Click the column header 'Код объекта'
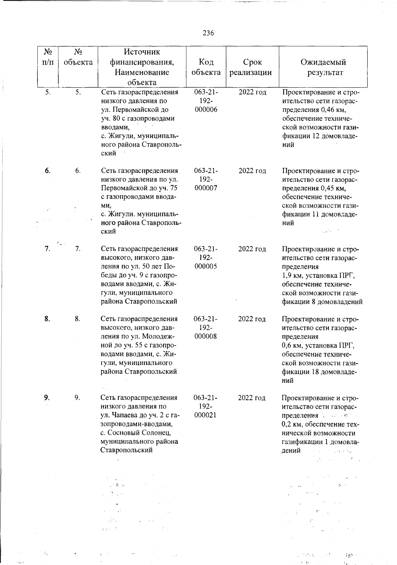pos(206,67)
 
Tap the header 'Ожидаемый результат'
pos(323,67)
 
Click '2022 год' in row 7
pos(252,249)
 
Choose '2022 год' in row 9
pos(252,398)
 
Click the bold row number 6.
pos(48,171)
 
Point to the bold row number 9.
pos(47,397)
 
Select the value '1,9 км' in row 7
pos(291,275)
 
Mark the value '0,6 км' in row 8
pos(291,346)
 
